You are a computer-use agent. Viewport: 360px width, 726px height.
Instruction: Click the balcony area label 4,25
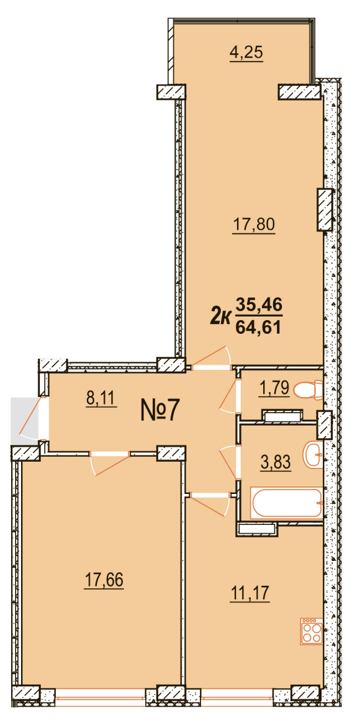click(246, 53)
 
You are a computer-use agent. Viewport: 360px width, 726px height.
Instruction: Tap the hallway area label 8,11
click(101, 398)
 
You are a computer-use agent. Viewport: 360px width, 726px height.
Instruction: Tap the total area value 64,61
click(259, 328)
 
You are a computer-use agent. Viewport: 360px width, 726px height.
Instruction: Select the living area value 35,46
click(259, 305)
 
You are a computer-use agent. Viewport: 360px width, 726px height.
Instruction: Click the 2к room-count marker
click(220, 317)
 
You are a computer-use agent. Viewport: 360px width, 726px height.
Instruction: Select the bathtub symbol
click(286, 503)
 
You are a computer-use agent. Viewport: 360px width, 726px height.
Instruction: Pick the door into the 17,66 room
click(110, 464)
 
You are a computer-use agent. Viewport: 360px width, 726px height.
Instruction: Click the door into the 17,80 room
click(211, 359)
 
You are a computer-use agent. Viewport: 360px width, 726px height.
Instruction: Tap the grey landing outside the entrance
click(22, 419)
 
